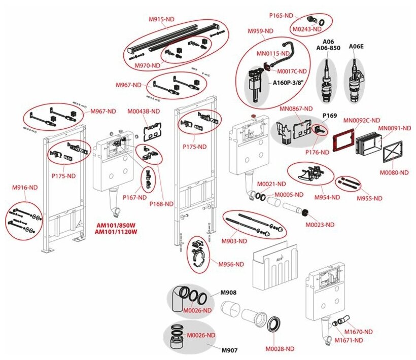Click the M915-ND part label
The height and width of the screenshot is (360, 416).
pyautogui.click(x=161, y=19)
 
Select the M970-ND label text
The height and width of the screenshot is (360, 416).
pyautogui.click(x=147, y=66)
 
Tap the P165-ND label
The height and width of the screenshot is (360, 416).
pyautogui.click(x=282, y=16)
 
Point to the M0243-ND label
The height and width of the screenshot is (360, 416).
pyautogui.click(x=310, y=29)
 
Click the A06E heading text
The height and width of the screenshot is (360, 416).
pyautogui.click(x=356, y=46)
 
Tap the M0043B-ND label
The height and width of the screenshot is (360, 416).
pyautogui.click(x=143, y=111)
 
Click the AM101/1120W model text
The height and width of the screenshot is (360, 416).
pyautogui.click(x=116, y=232)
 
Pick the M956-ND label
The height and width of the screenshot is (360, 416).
pyautogui.click(x=231, y=264)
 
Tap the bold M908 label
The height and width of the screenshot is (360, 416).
pyautogui.click(x=228, y=293)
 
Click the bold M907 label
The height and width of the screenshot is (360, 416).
pyautogui.click(x=228, y=349)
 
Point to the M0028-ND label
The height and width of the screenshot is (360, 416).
pyautogui.click(x=280, y=348)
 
